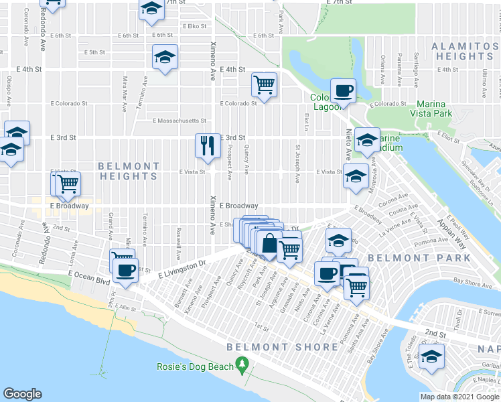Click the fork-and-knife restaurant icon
pyautogui.click(x=208, y=145)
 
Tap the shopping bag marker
pyautogui.click(x=269, y=245)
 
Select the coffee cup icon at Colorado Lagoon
pyautogui.click(x=343, y=90)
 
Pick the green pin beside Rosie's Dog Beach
pyautogui.click(x=242, y=366)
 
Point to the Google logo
pyautogui.click(x=23, y=394)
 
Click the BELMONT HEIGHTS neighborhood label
pyautogui.click(x=129, y=171)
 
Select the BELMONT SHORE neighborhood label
pyautogui.click(x=282, y=347)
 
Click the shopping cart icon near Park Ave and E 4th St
pyautogui.click(x=265, y=84)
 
